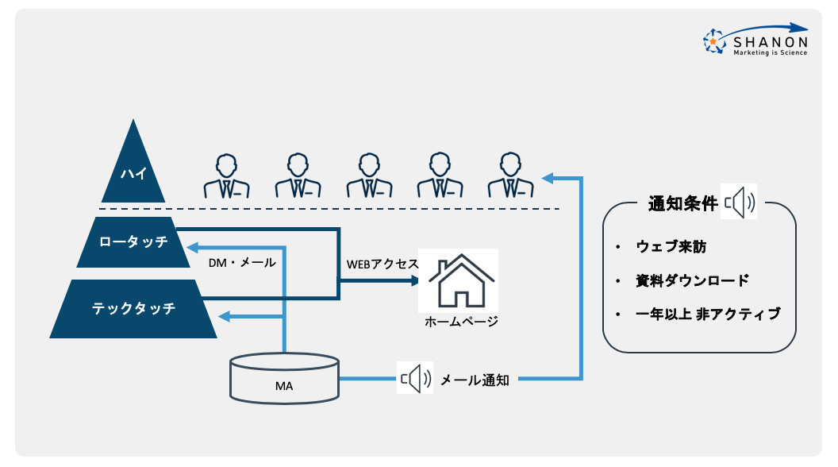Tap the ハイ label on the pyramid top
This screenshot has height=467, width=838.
pos(133,176)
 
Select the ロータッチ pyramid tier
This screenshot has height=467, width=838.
pos(134,241)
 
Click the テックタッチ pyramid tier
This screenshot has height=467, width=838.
pos(133,308)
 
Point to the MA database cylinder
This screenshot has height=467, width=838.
pos(283,379)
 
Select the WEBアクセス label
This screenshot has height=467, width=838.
pos(382,264)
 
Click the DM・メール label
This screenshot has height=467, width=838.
pos(242,262)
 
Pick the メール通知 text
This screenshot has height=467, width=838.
pos(475,380)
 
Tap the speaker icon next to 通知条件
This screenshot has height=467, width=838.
pos(740,203)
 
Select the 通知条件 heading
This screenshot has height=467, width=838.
pos(683,203)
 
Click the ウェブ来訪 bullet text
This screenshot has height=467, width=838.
pos(671,247)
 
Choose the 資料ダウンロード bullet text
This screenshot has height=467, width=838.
pos(692,280)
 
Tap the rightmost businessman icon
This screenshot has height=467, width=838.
pos(511,176)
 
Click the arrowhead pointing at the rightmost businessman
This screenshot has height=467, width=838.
pos(547,177)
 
